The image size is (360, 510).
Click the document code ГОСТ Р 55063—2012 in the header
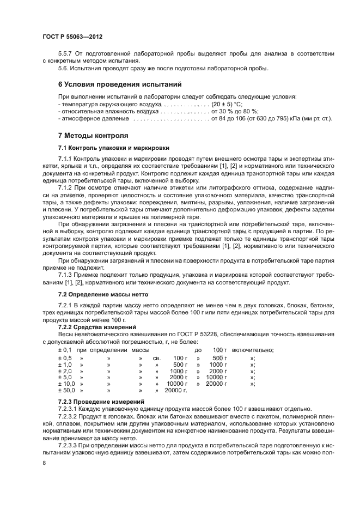pyautogui.click(x=72, y=37)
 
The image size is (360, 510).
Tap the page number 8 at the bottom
pyautogui.click(x=44, y=462)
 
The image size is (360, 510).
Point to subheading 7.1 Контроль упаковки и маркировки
pyautogui.click(x=113, y=148)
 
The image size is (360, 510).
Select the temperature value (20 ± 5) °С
pyautogui.click(x=231, y=104)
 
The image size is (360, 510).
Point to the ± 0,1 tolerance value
pyautogui.click(x=65, y=350)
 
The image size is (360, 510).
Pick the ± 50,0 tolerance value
pyautogui.click(x=66, y=390)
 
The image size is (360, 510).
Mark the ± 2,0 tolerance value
pyautogui.click(x=65, y=371)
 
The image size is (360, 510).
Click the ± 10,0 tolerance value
pyautogui.click(x=66, y=384)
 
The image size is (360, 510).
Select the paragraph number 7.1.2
pyautogui.click(x=66, y=187)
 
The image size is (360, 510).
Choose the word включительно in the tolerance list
pyautogui.click(x=253, y=350)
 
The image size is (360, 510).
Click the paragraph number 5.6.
pyautogui.click(x=64, y=68)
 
